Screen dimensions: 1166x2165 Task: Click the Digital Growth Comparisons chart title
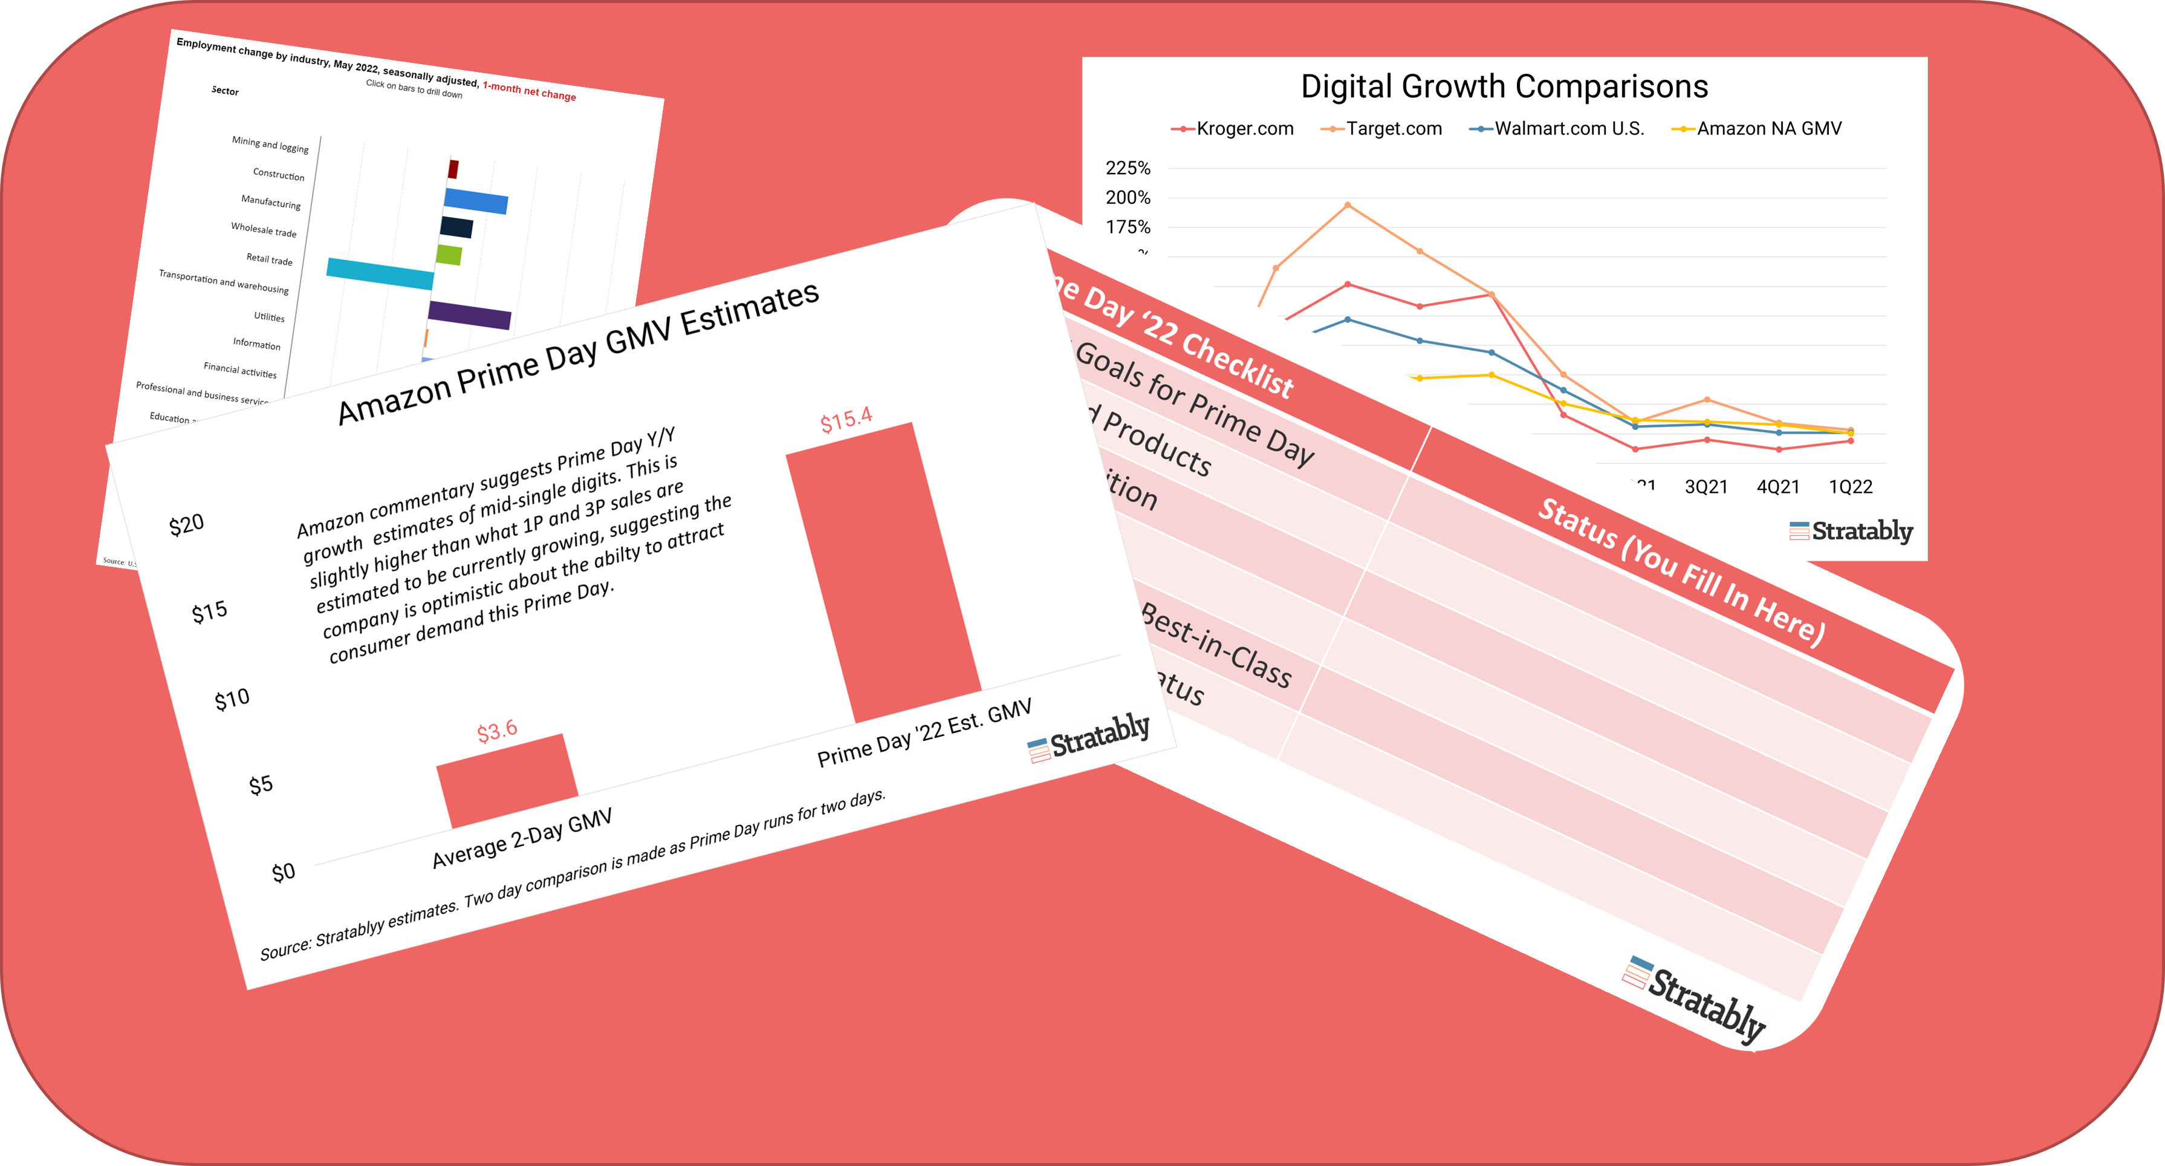pos(1504,86)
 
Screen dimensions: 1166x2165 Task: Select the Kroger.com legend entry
pos(1232,129)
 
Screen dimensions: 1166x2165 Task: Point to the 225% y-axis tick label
pos(1128,168)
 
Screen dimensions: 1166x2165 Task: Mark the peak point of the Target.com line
pos(1347,204)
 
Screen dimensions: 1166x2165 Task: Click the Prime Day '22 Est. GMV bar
pos(883,572)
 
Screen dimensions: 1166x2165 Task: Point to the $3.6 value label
pos(497,731)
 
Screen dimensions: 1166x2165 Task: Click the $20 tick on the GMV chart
pos(187,524)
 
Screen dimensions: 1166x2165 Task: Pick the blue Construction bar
pos(476,202)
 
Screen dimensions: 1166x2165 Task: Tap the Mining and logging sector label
pos(270,145)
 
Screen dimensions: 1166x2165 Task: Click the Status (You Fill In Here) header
pos(1681,572)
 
